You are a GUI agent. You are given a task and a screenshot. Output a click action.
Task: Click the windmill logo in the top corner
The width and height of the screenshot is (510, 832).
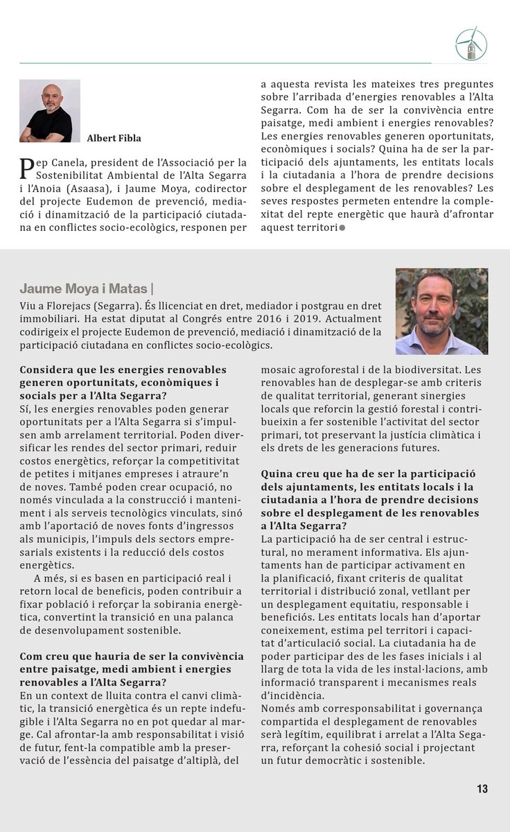click(471, 44)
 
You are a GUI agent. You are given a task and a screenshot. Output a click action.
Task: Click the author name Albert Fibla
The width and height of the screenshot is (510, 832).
click(114, 138)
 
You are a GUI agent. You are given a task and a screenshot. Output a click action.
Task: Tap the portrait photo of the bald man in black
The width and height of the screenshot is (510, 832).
click(49, 111)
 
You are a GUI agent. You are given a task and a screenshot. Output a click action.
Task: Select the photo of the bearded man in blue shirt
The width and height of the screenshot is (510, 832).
click(441, 311)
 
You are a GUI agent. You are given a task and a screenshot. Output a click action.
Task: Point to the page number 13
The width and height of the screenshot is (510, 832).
click(482, 788)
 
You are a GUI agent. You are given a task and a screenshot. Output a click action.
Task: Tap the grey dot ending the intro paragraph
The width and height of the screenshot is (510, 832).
click(342, 228)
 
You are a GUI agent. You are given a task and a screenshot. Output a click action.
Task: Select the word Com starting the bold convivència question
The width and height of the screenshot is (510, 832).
click(31, 655)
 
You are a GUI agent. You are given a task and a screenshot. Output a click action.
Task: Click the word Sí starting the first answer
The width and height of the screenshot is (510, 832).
click(25, 408)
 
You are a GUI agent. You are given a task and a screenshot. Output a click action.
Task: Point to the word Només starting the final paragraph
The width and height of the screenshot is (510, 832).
click(278, 709)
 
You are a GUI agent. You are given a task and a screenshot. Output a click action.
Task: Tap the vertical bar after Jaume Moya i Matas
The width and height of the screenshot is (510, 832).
click(152, 288)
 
